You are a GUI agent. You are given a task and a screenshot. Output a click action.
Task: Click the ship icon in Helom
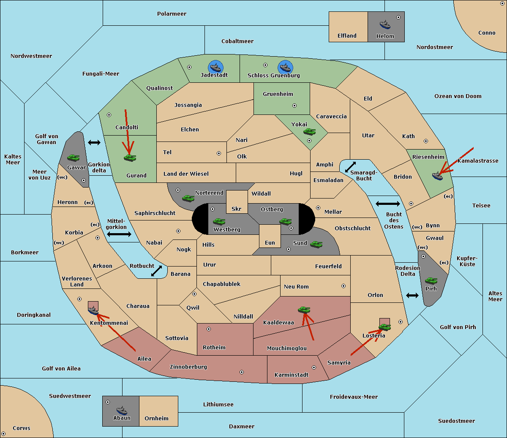385,24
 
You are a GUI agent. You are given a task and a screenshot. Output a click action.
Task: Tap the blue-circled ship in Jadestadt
215,67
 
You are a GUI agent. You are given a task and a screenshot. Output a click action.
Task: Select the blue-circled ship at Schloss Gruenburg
285,67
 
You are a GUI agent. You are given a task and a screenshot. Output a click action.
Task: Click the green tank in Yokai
309,132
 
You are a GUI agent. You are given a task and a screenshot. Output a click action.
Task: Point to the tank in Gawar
74,158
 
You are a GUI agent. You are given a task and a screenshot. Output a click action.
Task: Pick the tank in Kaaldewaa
304,310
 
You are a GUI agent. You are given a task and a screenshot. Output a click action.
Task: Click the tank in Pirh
431,280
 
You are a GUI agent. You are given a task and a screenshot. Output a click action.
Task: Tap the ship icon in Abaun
122,410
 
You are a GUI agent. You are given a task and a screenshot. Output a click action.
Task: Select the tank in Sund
316,244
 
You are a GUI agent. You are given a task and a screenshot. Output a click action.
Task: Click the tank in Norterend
188,198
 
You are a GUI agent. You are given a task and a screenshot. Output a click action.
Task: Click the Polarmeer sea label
172,14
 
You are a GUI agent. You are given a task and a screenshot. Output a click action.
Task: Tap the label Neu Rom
296,286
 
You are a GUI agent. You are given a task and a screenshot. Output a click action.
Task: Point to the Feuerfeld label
328,266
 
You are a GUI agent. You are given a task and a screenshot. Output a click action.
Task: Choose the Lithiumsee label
218,404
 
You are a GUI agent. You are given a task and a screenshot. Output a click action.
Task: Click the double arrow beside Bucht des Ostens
387,204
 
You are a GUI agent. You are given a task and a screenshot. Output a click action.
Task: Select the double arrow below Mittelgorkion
119,234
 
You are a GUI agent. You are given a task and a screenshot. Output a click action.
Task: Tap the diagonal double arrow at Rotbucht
156,271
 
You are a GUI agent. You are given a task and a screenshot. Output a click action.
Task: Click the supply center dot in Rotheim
209,329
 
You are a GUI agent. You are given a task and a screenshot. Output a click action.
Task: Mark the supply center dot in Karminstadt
313,367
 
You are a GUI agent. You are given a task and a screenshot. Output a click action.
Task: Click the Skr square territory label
237,209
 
